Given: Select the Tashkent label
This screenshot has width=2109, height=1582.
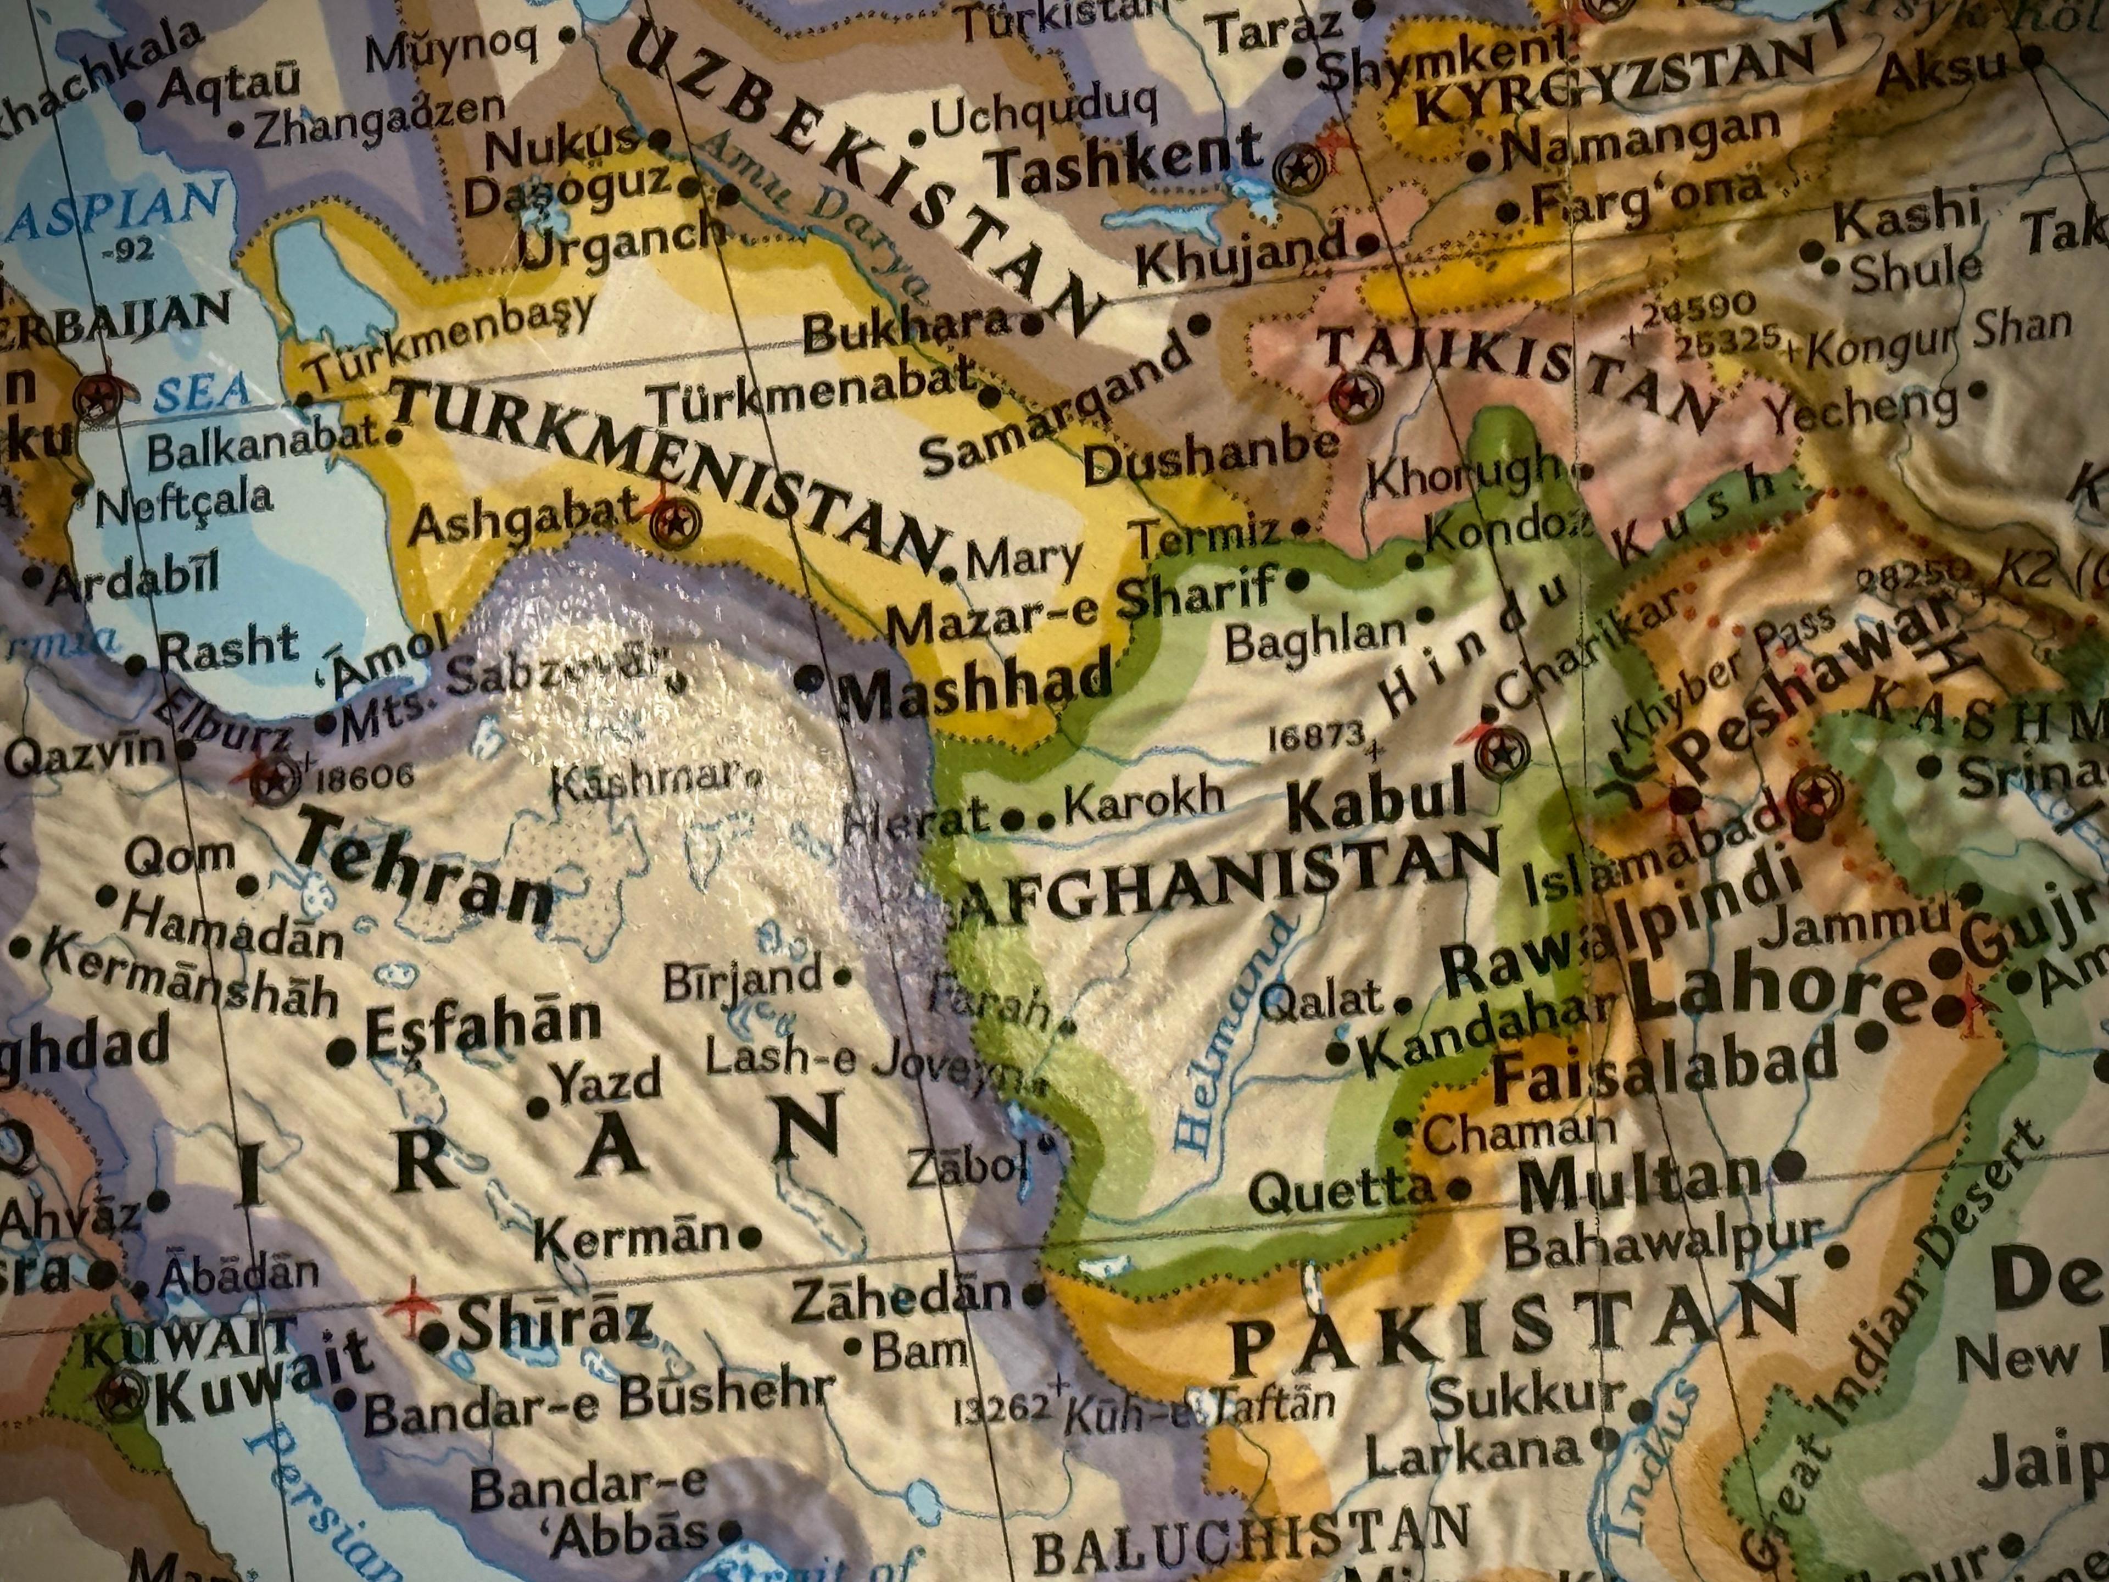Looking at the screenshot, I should pos(1125,160).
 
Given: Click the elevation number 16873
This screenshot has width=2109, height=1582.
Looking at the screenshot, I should pos(1316,736).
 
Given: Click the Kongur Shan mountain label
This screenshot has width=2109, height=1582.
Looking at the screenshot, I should pos(1935,336).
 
